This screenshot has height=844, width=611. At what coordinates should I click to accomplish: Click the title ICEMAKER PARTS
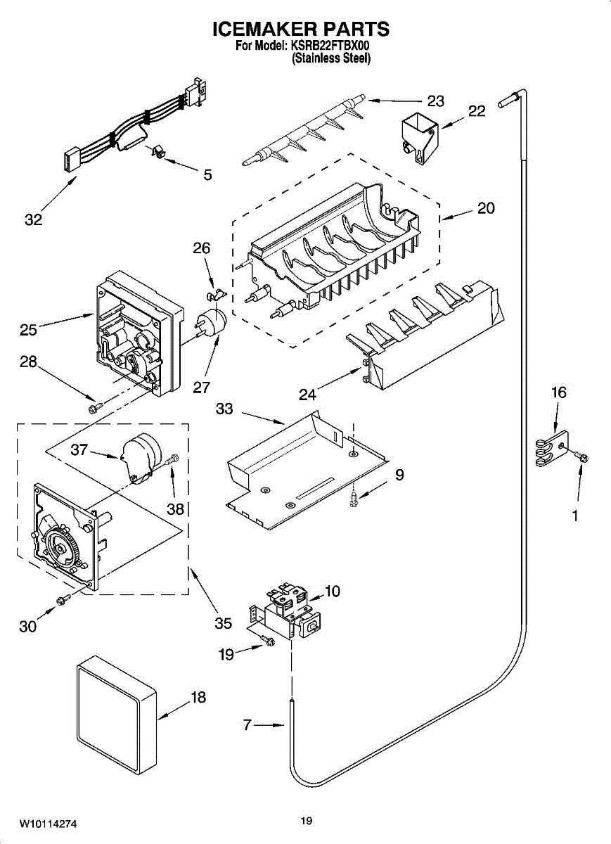coord(301,29)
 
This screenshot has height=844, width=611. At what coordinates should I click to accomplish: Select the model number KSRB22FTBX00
coord(331,46)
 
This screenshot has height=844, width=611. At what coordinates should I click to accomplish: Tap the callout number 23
coord(436,101)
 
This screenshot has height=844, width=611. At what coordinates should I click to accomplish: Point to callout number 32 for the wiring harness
coord(33,219)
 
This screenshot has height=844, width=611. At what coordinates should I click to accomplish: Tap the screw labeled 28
coord(93,407)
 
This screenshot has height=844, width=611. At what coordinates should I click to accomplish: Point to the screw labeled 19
coord(268,639)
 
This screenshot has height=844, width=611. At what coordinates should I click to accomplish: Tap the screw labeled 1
coord(582,457)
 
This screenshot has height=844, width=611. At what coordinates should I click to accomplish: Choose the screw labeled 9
coord(355,498)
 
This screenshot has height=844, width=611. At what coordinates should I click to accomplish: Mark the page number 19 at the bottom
coord(306,821)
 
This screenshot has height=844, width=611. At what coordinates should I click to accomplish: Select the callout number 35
coord(223,623)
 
